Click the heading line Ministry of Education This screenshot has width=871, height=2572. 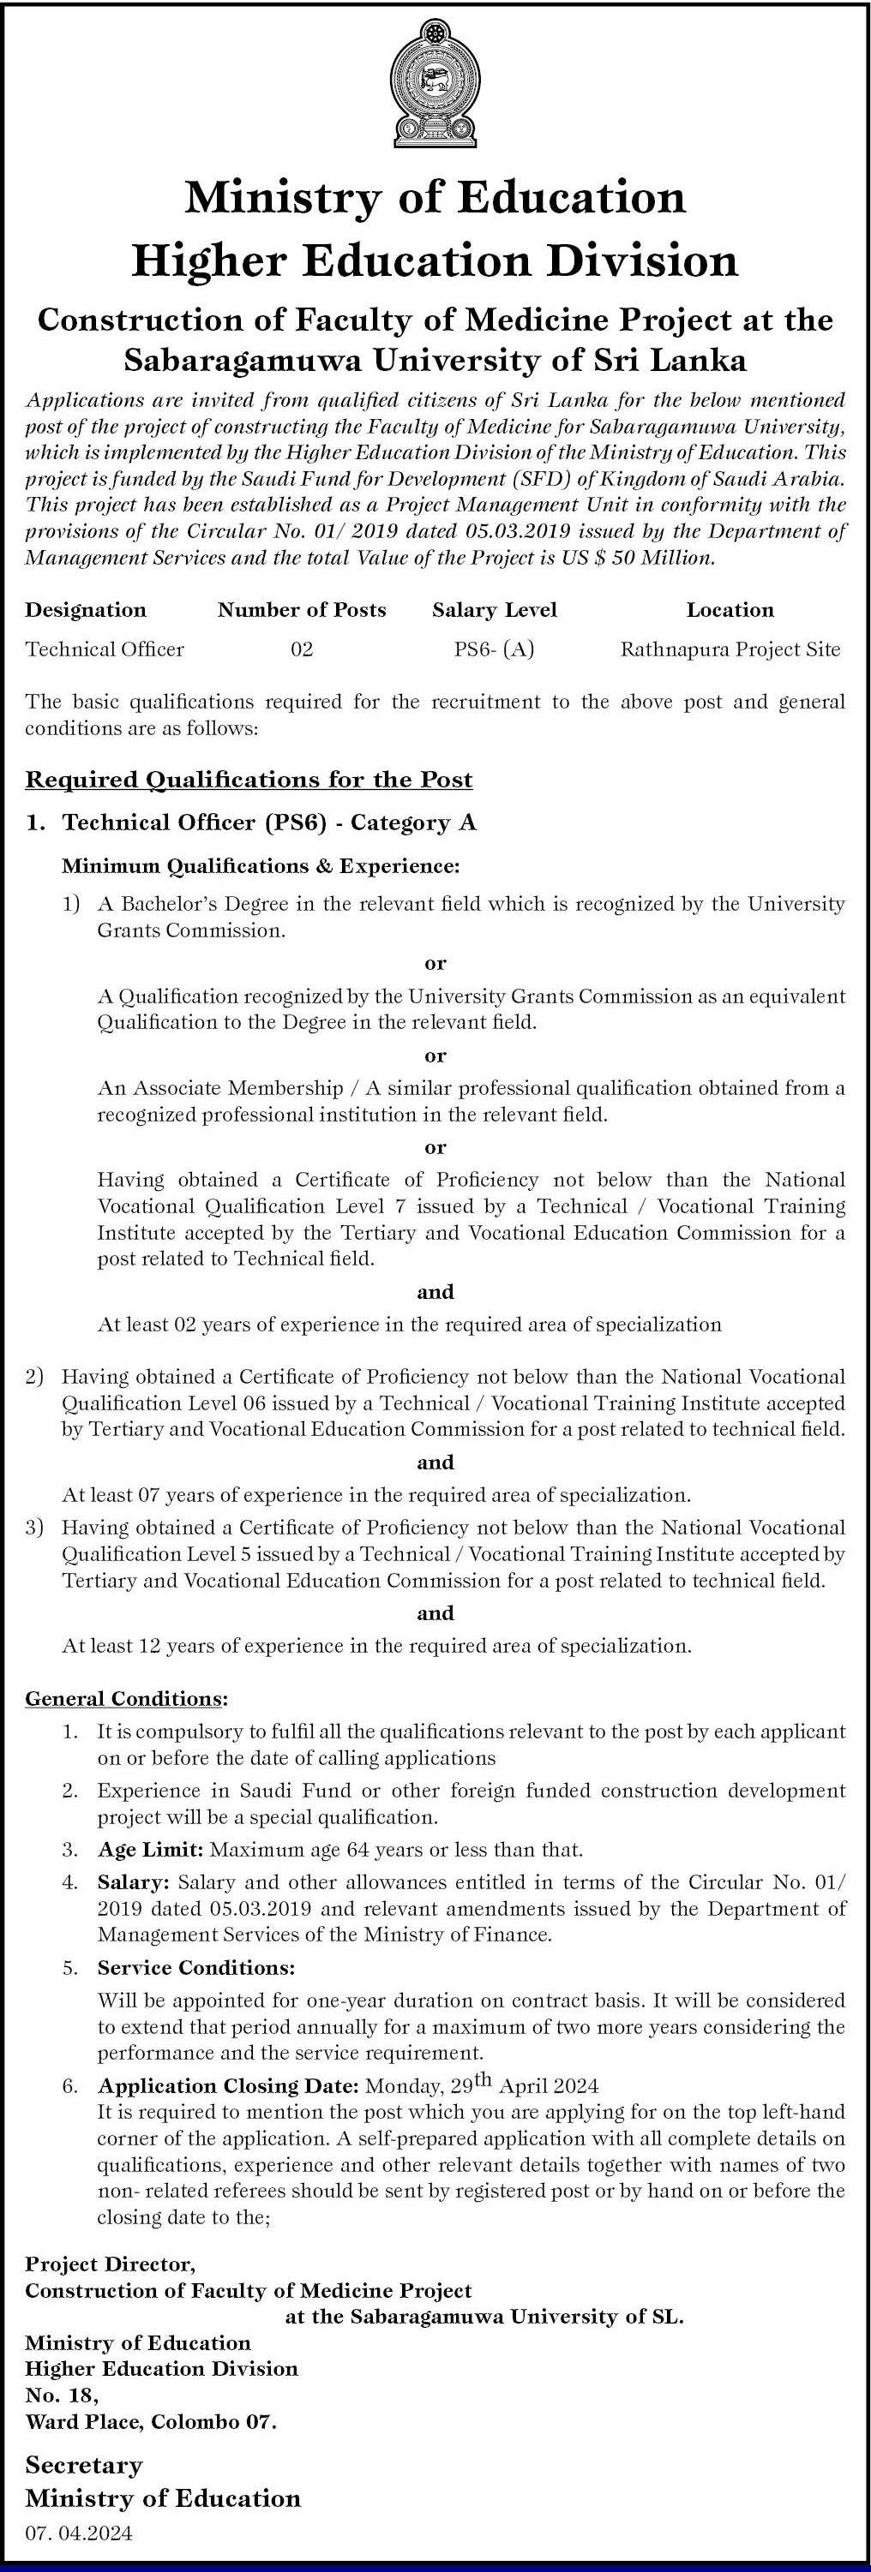tap(435, 198)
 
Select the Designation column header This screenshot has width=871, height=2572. tap(86, 610)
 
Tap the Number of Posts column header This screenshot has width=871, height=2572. tap(302, 610)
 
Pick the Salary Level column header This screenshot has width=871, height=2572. tap(495, 610)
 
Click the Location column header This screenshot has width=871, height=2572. tap(730, 610)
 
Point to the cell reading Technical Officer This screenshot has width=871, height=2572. tap(105, 650)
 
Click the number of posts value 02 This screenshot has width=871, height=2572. tap(302, 650)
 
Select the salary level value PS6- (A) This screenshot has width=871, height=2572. tap(495, 650)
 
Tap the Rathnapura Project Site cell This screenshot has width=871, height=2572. tap(730, 650)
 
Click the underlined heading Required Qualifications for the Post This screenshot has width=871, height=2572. tap(249, 780)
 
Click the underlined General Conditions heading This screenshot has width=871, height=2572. tap(127, 1698)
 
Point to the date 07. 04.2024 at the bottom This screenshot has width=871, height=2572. tap(79, 2532)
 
